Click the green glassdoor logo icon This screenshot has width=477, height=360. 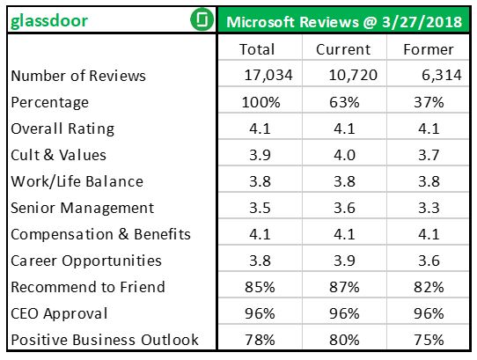[202, 19]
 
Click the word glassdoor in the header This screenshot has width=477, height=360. [49, 19]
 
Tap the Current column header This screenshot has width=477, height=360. [343, 49]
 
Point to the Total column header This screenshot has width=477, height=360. [257, 49]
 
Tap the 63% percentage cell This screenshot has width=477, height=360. [343, 102]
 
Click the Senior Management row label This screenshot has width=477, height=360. [83, 208]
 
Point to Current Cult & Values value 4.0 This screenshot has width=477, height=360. [343, 155]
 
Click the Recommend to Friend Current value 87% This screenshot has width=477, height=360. [343, 287]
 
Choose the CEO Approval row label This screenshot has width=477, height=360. [60, 313]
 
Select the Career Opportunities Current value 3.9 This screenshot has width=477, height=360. [343, 261]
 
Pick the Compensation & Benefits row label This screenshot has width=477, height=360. [100, 234]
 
